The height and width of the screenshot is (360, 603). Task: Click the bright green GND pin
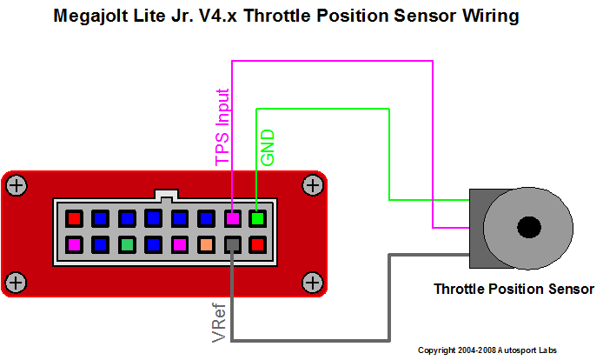(x=257, y=217)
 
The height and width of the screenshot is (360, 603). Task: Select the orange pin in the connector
(x=206, y=244)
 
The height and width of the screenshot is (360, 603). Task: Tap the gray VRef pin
(x=232, y=244)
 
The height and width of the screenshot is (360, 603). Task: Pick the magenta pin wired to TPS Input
(x=232, y=217)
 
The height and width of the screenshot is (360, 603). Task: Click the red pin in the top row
(x=75, y=217)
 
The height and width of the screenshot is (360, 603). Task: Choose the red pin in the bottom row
(x=258, y=244)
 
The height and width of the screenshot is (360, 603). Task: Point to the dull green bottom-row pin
(x=127, y=244)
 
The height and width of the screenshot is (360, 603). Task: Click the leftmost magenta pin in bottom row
(x=75, y=244)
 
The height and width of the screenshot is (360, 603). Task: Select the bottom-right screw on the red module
(x=311, y=281)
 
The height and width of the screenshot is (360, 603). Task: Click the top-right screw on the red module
(x=311, y=184)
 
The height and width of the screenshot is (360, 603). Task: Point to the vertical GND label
(x=268, y=148)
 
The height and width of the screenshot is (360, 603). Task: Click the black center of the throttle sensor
(x=527, y=228)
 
